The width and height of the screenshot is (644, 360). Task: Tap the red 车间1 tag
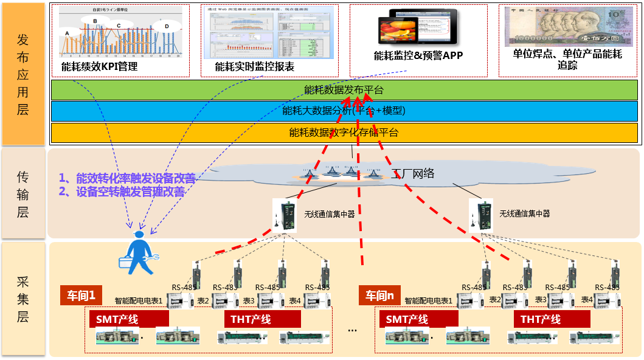79,296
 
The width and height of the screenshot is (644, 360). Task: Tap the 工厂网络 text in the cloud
413,173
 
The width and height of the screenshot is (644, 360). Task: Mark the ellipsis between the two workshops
352,329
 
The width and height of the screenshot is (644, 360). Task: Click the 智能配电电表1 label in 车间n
428,300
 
